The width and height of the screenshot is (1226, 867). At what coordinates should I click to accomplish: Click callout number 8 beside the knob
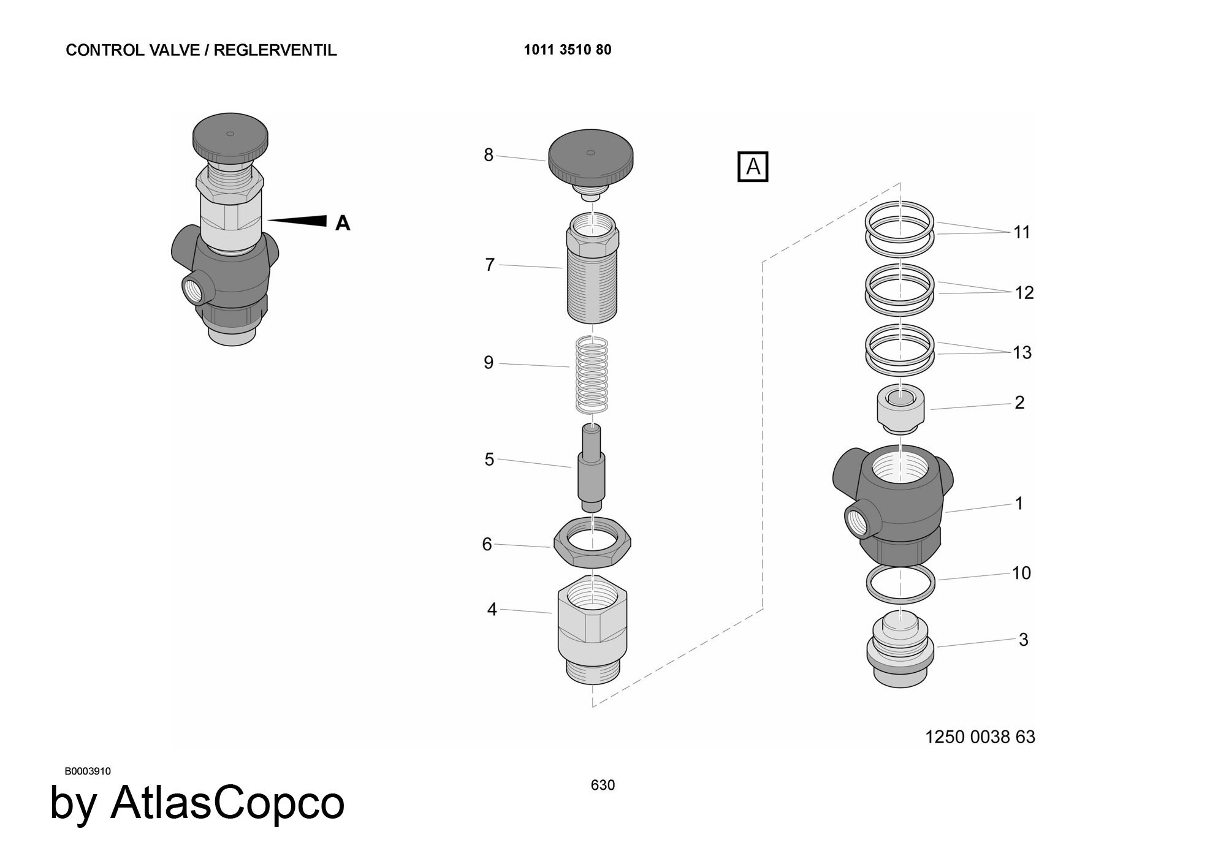coord(488,155)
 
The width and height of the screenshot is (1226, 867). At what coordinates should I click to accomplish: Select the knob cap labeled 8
coord(590,157)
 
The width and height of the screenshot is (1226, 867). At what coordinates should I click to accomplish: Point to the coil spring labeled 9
coord(592,375)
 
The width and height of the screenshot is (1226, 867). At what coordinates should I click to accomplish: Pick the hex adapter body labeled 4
coord(592,628)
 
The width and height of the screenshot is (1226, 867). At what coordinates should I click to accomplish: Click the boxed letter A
coord(752,167)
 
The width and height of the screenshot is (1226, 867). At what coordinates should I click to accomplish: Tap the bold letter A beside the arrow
coord(343,223)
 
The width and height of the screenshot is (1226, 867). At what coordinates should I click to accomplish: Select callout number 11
coord(1021,232)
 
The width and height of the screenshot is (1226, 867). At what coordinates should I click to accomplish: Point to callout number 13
coord(1022,352)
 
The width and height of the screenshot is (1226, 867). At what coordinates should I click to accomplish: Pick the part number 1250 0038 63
coord(980,736)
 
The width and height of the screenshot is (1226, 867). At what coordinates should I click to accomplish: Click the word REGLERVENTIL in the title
coord(275,50)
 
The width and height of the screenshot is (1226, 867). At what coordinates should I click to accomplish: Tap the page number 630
coord(603,785)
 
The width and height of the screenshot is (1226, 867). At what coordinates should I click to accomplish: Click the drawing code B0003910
coord(88,771)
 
